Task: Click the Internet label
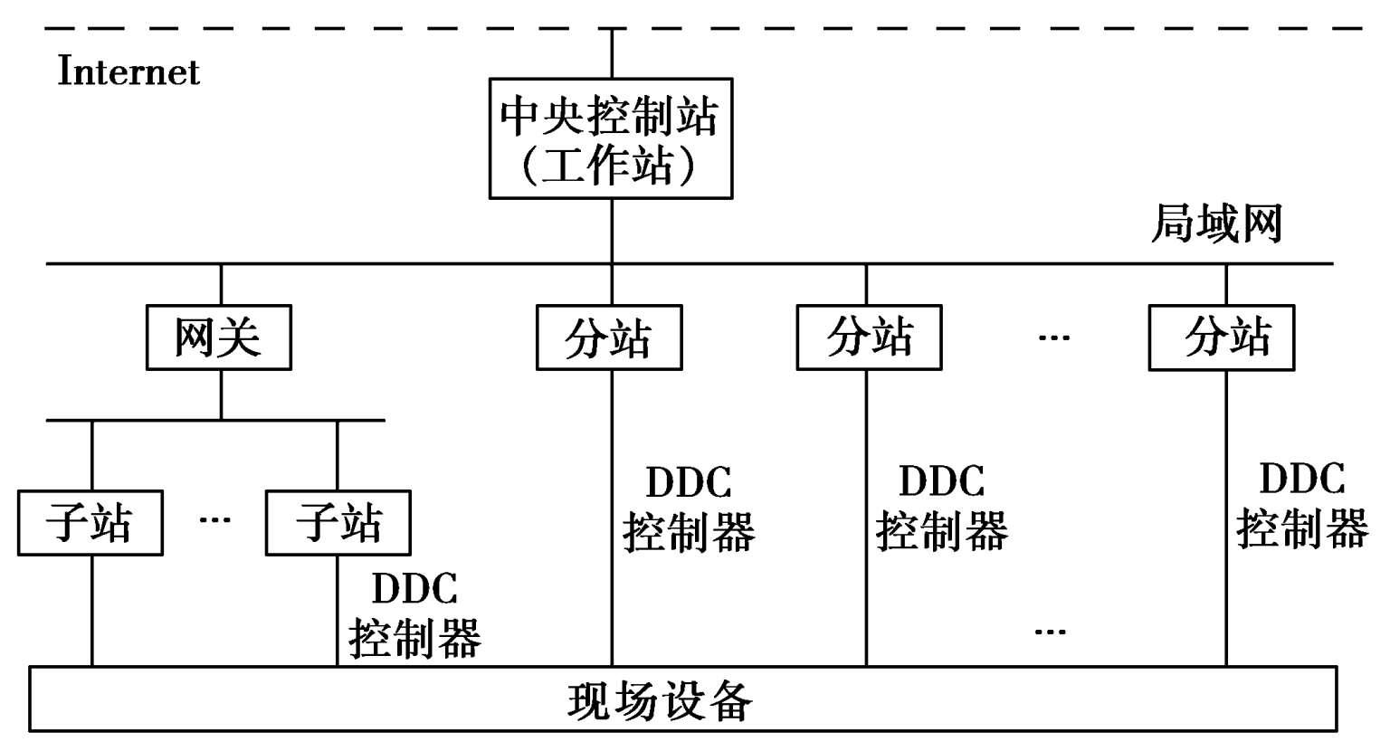coord(129,71)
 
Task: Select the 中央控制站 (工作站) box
coord(610,138)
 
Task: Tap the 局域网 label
coord(1216,223)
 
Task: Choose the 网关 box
coord(218,337)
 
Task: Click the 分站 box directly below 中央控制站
coord(608,337)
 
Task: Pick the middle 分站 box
coord(869,337)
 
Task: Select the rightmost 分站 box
coord(1221,337)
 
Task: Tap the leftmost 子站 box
coord(90,523)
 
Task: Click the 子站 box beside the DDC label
coord(338,523)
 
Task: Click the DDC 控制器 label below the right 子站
coord(414,614)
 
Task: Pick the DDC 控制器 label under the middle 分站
coord(941,507)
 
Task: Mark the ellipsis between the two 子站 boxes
coord(214,520)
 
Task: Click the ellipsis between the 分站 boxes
coord(1053,338)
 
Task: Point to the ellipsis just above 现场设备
coord(1050,631)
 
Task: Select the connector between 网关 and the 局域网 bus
coord(221,284)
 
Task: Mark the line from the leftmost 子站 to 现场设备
coord(92,611)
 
